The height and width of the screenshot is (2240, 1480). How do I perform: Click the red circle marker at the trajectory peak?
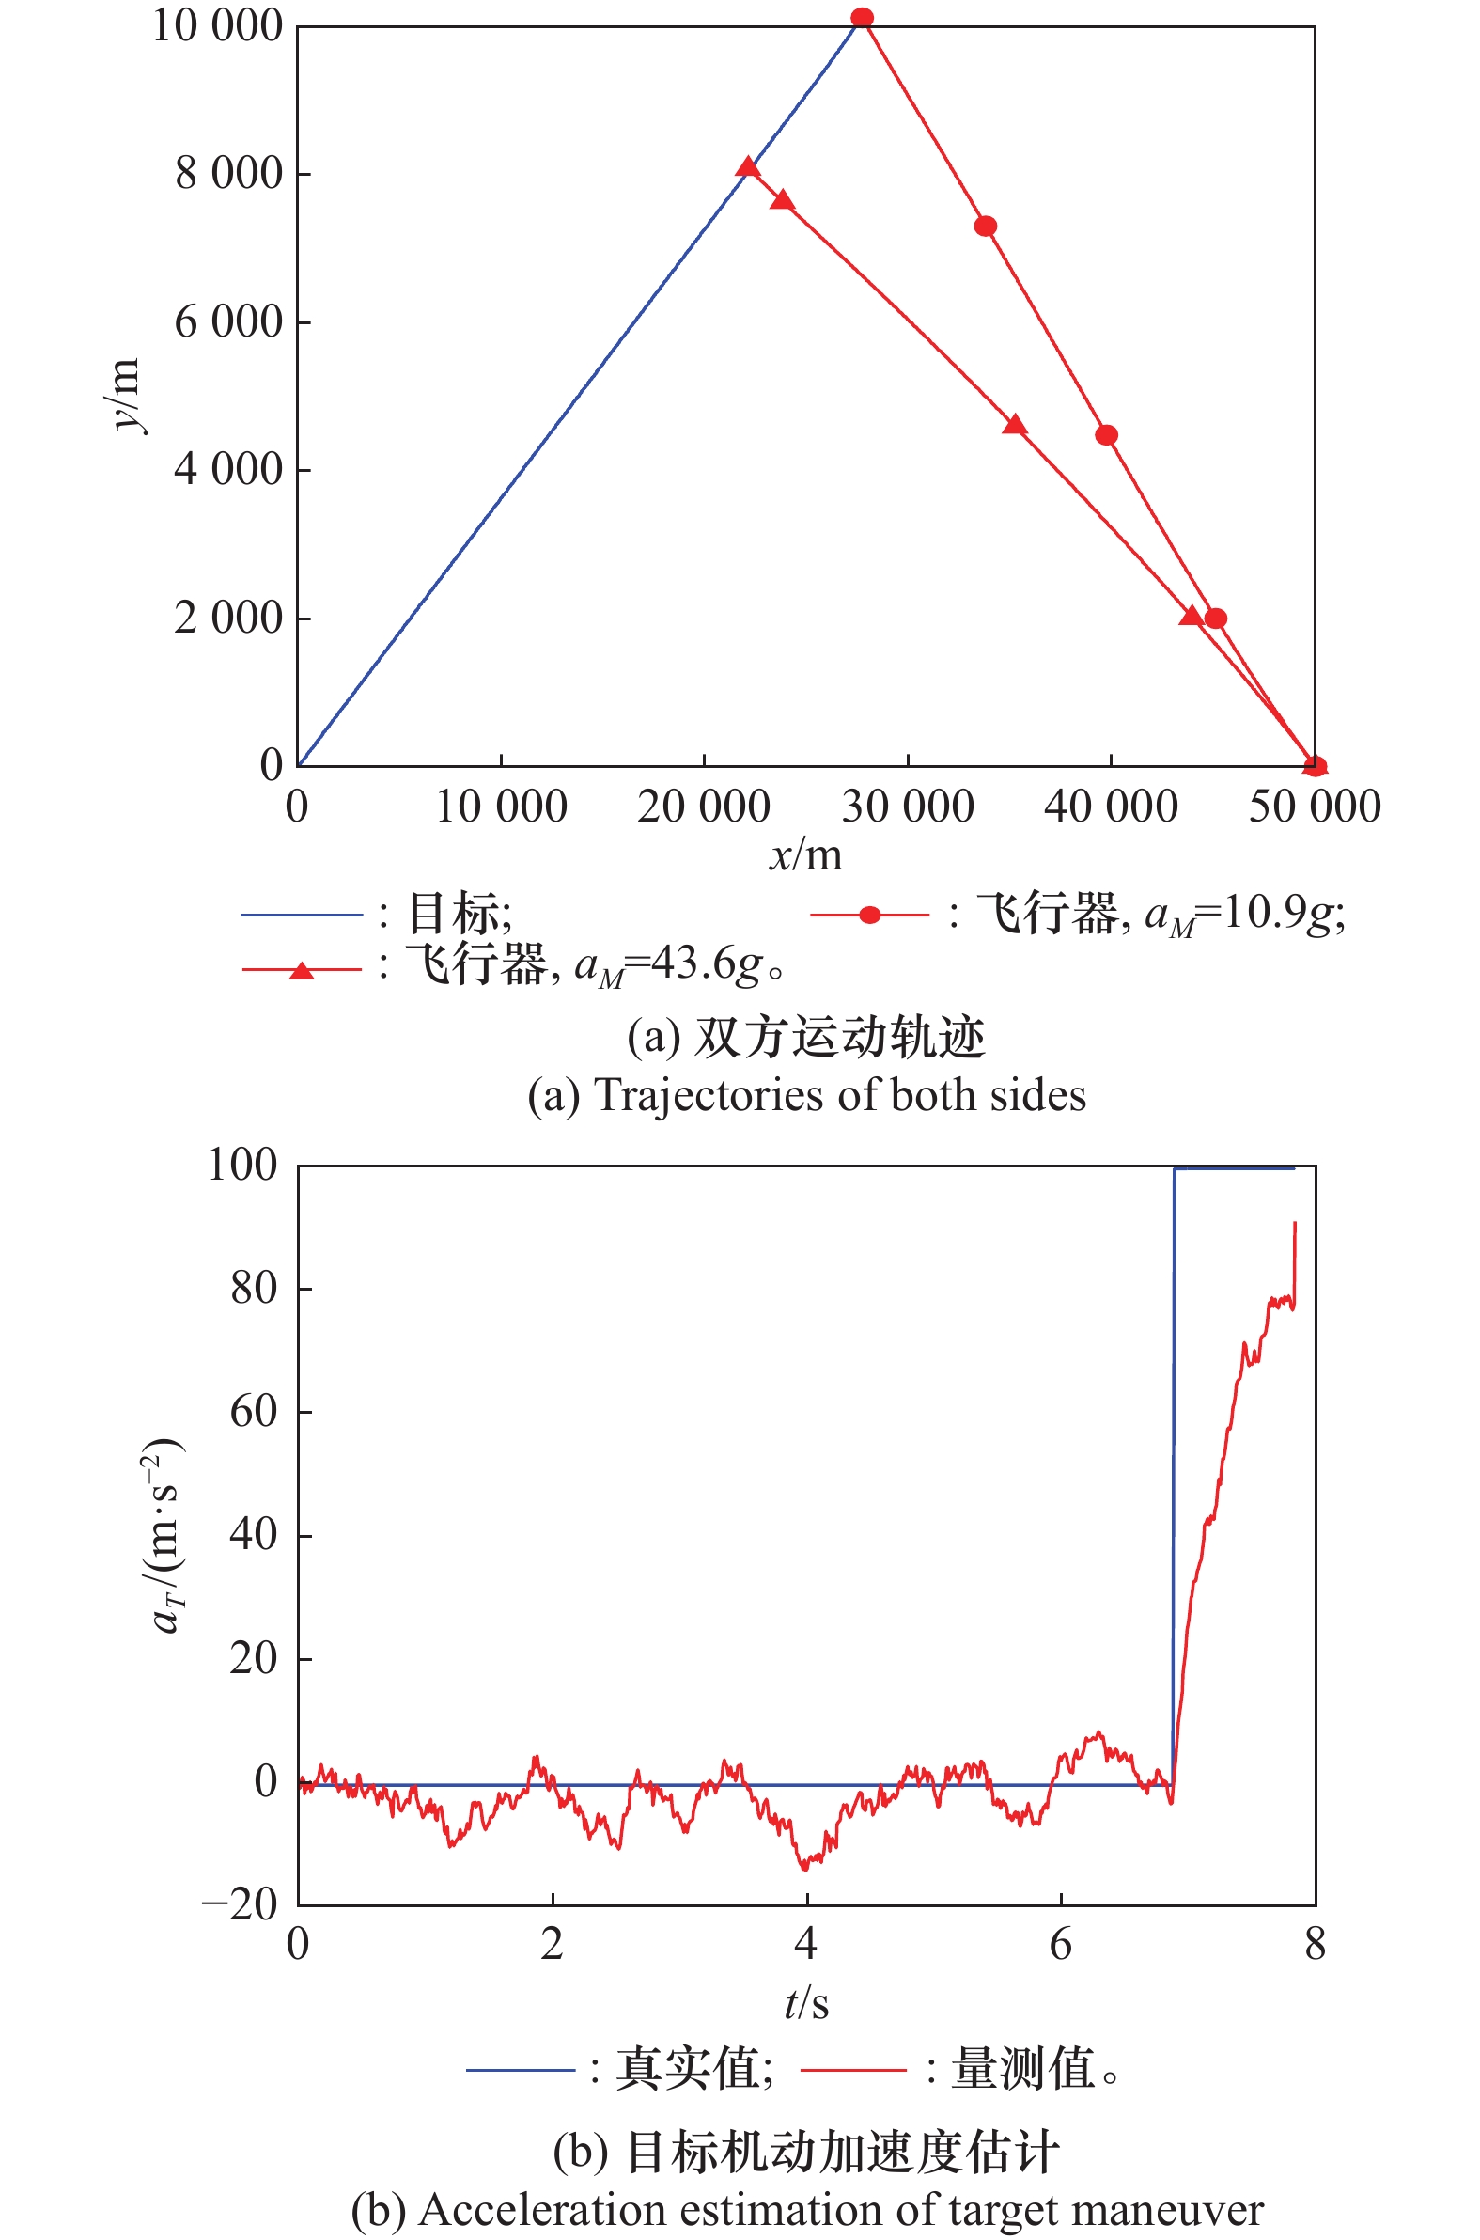click(862, 18)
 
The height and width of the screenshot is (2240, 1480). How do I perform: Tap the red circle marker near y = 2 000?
click(1215, 619)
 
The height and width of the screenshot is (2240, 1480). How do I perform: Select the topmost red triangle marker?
click(748, 168)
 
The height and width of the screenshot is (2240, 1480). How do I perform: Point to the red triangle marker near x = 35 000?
click(1015, 425)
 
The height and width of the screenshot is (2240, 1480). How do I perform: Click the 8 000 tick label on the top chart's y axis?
click(228, 174)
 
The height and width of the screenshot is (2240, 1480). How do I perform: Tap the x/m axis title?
click(805, 855)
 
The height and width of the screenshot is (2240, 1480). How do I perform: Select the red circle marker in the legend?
click(869, 915)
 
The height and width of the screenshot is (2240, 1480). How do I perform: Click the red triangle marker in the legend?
click(301, 970)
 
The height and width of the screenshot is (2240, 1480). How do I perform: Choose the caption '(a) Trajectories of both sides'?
click(806, 1096)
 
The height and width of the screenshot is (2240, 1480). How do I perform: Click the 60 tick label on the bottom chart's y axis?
click(254, 1412)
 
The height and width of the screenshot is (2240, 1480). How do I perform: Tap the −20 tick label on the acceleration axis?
click(240, 1905)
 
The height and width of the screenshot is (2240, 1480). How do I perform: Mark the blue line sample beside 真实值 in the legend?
click(520, 2071)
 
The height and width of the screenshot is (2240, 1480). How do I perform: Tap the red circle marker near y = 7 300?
click(986, 227)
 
